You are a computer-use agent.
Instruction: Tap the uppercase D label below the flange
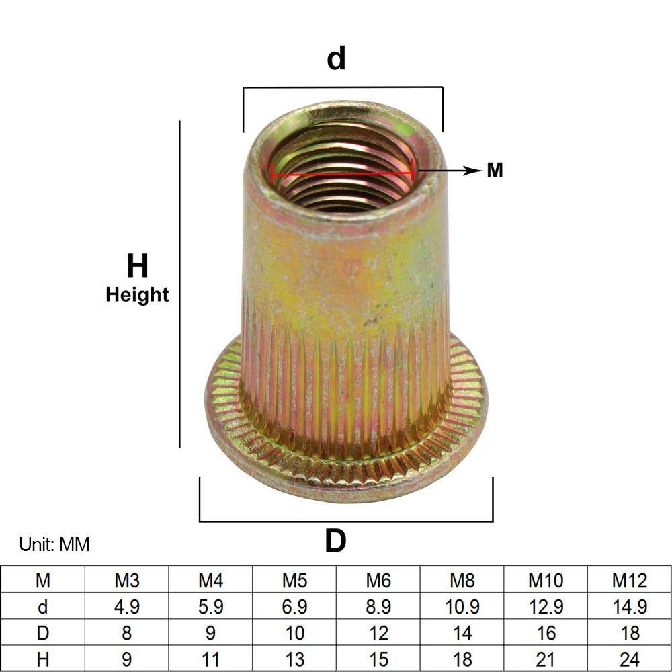[335, 541]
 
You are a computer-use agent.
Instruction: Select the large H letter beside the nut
[138, 265]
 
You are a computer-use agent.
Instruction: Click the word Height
[137, 295]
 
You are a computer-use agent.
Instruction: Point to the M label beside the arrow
[495, 171]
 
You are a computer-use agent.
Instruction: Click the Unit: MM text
[54, 544]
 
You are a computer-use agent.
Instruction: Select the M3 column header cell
[127, 581]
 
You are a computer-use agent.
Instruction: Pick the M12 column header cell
[630, 581]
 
